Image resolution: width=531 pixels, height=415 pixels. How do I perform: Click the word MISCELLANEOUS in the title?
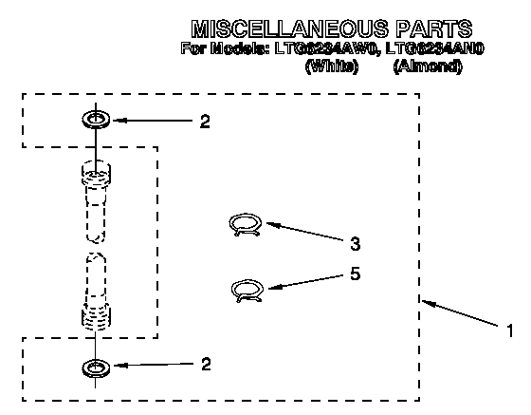pyautogui.click(x=289, y=28)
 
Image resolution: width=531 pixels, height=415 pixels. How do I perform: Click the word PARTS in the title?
pyautogui.click(x=434, y=28)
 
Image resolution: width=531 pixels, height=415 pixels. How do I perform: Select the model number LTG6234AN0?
pyautogui.click(x=435, y=48)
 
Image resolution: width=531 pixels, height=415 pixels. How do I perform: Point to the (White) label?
pyautogui.click(x=332, y=66)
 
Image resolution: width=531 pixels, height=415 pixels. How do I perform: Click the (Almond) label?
pyautogui.click(x=428, y=66)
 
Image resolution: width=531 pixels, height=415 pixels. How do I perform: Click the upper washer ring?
pyautogui.click(x=96, y=120)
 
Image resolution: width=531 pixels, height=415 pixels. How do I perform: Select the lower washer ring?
pyautogui.click(x=96, y=368)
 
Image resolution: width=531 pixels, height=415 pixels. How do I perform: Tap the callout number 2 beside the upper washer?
pyautogui.click(x=205, y=122)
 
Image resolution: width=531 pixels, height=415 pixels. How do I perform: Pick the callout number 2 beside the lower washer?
pyautogui.click(x=206, y=364)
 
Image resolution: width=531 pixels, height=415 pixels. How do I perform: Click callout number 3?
pyautogui.click(x=355, y=244)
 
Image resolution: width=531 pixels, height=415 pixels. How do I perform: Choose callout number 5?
pyautogui.click(x=355, y=274)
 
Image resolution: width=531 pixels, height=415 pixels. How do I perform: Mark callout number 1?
pyautogui.click(x=510, y=330)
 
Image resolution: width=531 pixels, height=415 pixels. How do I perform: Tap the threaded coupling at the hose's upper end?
pyautogui.click(x=96, y=173)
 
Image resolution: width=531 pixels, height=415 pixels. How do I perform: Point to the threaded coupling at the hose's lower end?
pyautogui.click(x=96, y=316)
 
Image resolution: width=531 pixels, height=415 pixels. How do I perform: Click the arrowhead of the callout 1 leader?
pyautogui.click(x=426, y=302)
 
